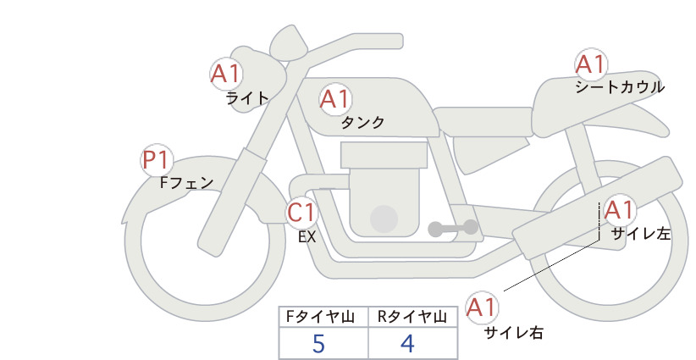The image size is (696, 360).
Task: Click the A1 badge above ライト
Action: tap(226, 74)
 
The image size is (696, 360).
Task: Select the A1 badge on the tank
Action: tap(335, 99)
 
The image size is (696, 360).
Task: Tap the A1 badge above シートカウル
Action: tap(591, 64)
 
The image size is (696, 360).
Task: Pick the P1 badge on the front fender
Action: tap(157, 160)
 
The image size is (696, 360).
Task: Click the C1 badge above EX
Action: tap(301, 212)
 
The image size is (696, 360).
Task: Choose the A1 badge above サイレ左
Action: tap(618, 210)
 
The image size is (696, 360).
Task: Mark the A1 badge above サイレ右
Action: tap(482, 307)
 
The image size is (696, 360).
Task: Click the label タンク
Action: tap(362, 123)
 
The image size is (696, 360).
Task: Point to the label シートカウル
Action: tap(620, 87)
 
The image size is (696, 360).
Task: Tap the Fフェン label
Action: tap(186, 182)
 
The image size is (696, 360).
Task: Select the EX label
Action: tap(307, 237)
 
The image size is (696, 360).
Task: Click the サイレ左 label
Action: tap(641, 234)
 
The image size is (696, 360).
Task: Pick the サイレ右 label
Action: tap(514, 333)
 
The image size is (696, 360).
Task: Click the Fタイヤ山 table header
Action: tap(320, 317)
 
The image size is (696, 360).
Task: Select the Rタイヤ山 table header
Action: tap(412, 317)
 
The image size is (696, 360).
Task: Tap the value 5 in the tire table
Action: tap(318, 344)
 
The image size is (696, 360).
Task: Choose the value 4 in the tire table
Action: tap(407, 344)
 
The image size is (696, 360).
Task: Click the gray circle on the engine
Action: tap(384, 219)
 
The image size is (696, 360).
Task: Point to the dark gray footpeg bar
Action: tap(453, 228)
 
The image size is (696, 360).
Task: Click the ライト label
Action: tap(248, 97)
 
